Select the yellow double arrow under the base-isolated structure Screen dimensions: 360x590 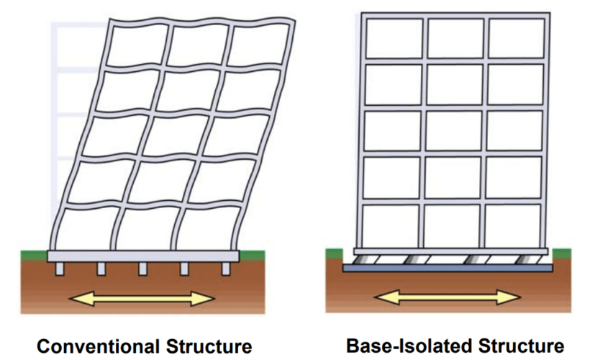pos(447,296)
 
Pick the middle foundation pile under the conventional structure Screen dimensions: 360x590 pos(142,268)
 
